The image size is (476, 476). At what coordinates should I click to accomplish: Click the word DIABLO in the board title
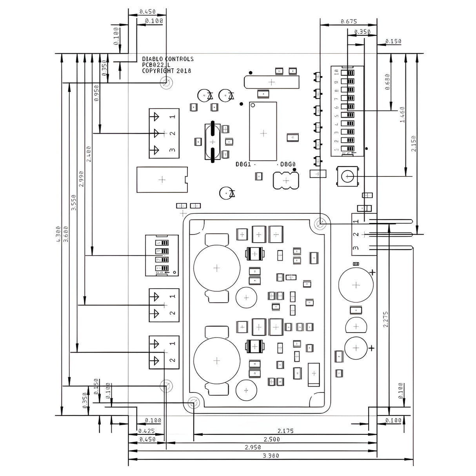click(151, 59)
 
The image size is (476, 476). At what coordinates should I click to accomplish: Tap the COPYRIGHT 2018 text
click(167, 71)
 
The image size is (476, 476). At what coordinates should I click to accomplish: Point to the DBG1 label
click(243, 164)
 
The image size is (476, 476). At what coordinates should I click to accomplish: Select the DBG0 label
click(288, 164)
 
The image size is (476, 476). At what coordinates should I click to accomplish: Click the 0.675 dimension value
click(349, 22)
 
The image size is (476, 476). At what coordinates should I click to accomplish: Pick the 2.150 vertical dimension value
click(414, 143)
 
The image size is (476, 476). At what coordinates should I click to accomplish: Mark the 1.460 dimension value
click(402, 114)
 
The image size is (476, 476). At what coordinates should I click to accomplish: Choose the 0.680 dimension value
click(387, 82)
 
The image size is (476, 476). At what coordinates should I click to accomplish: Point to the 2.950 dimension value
click(253, 447)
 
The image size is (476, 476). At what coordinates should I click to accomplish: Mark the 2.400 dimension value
click(88, 154)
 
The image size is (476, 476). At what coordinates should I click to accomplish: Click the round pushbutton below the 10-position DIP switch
click(348, 176)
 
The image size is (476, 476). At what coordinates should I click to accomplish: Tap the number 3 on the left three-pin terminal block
click(172, 150)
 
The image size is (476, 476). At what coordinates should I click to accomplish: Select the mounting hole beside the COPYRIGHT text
click(166, 83)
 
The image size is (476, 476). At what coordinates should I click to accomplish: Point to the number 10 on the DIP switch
click(336, 72)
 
